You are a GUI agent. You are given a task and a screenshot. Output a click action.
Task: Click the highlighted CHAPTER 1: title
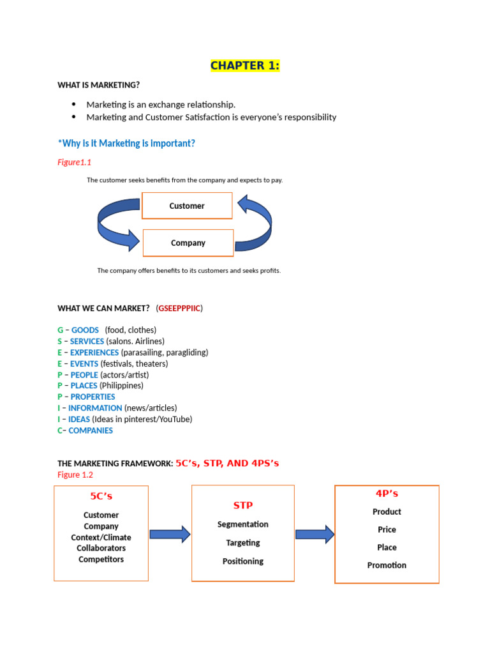click(245, 66)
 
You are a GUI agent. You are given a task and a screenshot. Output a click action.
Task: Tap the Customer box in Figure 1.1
click(187, 206)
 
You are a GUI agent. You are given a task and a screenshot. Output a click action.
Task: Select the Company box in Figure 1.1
click(188, 243)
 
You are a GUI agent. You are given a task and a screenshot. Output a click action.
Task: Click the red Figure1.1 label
click(75, 162)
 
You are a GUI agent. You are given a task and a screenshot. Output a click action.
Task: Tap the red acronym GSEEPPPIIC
click(179, 308)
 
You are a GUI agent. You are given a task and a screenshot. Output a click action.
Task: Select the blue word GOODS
click(85, 330)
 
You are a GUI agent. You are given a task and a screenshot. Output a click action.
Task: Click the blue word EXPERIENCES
click(94, 353)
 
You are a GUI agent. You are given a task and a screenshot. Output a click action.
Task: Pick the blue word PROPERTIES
click(93, 397)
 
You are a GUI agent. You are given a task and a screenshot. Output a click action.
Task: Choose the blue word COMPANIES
click(91, 430)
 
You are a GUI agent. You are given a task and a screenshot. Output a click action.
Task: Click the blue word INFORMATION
click(95, 408)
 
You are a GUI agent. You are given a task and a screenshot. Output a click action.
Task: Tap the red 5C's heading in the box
click(101, 496)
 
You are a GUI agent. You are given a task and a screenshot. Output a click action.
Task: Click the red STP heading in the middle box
click(243, 505)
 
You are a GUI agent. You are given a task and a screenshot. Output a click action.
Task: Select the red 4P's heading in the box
click(387, 494)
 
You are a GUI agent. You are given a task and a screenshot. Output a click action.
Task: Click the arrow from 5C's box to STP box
click(170, 534)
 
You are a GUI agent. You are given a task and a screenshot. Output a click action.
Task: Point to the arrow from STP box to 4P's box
click(315, 534)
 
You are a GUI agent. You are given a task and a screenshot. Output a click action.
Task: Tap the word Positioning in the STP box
click(243, 561)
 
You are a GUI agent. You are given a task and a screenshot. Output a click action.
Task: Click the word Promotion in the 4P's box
click(387, 565)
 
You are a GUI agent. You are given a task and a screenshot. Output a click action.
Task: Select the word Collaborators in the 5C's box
click(101, 548)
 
